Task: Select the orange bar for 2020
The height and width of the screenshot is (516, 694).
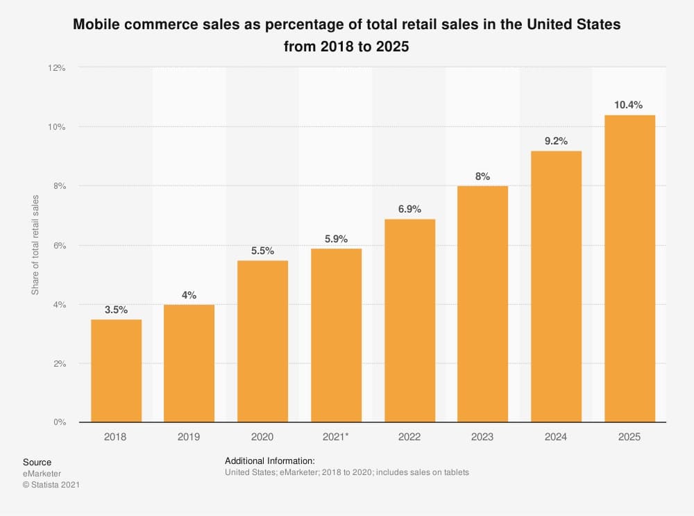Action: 262,341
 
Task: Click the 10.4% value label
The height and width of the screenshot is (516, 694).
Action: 629,105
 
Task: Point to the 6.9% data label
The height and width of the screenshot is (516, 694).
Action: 409,209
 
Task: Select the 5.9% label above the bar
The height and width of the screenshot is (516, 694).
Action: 336,238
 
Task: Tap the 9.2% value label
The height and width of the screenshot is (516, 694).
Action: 556,141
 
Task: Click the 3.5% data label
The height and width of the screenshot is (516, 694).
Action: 116,310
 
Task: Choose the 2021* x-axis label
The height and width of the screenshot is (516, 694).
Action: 336,437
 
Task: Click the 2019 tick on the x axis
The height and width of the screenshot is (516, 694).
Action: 189,437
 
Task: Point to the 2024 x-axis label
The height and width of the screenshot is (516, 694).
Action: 556,437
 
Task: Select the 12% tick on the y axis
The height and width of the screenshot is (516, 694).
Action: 56,68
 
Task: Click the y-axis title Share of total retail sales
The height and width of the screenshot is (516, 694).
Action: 35,245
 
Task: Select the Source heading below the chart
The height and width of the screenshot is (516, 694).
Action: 37,463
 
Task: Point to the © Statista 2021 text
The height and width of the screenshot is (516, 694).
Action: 51,485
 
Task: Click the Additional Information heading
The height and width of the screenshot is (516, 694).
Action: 270,461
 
